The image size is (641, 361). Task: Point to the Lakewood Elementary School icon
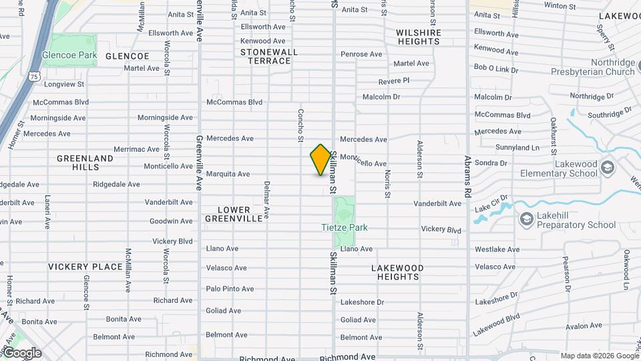click(607, 166)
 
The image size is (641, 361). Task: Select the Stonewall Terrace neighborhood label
click(266, 56)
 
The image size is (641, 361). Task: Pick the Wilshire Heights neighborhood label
click(419, 37)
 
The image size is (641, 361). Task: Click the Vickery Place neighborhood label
click(85, 267)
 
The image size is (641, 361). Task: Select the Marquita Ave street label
click(228, 174)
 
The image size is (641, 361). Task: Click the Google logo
click(22, 353)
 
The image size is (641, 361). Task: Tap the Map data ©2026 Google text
click(598, 356)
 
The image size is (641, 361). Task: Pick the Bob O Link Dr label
click(496, 68)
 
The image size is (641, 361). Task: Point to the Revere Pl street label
click(393, 81)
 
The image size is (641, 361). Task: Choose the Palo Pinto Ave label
click(230, 289)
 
